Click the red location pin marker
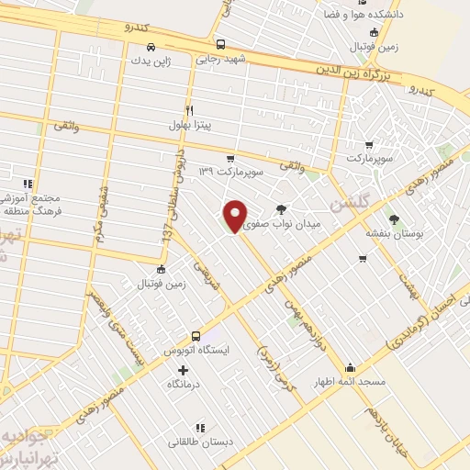click(x=235, y=216)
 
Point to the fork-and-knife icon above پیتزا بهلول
click(x=190, y=107)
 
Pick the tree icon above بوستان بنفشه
click(x=394, y=218)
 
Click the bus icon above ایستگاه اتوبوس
click(x=196, y=336)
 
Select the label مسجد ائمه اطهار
click(x=349, y=381)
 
